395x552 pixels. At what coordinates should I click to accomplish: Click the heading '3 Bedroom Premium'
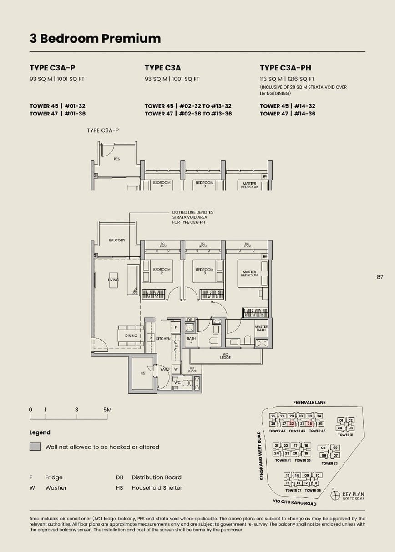(95, 39)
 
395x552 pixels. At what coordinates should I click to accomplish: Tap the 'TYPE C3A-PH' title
(285, 68)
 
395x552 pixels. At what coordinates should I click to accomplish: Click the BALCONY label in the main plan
(117, 240)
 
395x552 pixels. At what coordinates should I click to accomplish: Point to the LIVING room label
(113, 280)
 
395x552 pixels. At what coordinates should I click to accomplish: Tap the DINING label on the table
(131, 336)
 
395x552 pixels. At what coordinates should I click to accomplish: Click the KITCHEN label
(163, 339)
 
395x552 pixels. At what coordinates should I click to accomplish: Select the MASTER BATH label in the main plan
(261, 328)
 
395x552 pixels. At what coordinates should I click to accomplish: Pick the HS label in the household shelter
(142, 373)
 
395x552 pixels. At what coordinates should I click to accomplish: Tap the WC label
(177, 383)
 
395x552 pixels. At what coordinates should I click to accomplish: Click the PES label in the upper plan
(116, 159)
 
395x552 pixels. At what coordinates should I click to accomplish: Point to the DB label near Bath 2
(190, 320)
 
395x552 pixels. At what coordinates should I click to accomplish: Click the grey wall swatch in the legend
(35, 447)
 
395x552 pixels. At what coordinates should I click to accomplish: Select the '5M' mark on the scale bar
(107, 410)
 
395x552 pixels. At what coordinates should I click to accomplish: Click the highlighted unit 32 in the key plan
(292, 423)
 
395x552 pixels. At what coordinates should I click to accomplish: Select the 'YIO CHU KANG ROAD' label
(295, 503)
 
